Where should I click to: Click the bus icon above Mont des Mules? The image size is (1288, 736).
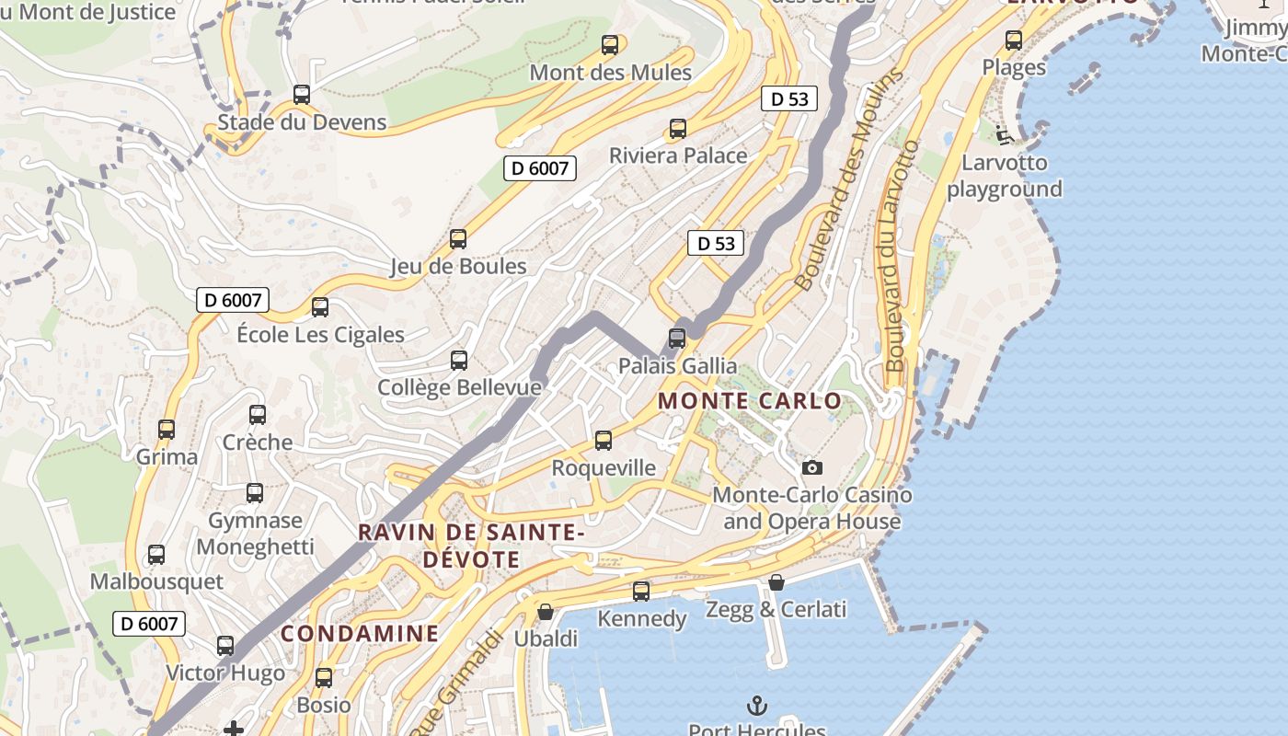coord(609,44)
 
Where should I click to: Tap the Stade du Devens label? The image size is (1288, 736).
coord(302,122)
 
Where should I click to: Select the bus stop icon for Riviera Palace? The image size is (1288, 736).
coord(678,128)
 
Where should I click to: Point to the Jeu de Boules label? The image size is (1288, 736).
coord(458,267)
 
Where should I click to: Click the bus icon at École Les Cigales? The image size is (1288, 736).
coord(320,307)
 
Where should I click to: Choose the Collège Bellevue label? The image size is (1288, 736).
coord(459,387)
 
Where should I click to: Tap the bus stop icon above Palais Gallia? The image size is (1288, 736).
coord(677,338)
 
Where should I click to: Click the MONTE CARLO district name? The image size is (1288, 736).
coord(750,401)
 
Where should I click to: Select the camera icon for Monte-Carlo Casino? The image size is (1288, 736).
coord(811,467)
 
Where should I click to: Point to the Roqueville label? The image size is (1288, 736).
coord(604,468)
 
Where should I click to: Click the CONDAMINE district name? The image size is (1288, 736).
coord(360,634)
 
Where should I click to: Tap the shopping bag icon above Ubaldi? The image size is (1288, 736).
coord(546,612)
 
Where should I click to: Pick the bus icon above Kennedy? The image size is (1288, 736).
coord(641,592)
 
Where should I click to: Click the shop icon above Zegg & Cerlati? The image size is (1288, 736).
coord(776,582)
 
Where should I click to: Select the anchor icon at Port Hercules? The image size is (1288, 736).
coord(756,706)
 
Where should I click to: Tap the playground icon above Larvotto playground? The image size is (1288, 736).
coord(1004,136)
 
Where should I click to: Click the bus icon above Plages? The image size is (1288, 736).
coord(1014,40)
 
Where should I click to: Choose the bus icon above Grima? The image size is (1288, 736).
coord(167,430)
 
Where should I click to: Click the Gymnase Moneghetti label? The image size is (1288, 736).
coord(255,534)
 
